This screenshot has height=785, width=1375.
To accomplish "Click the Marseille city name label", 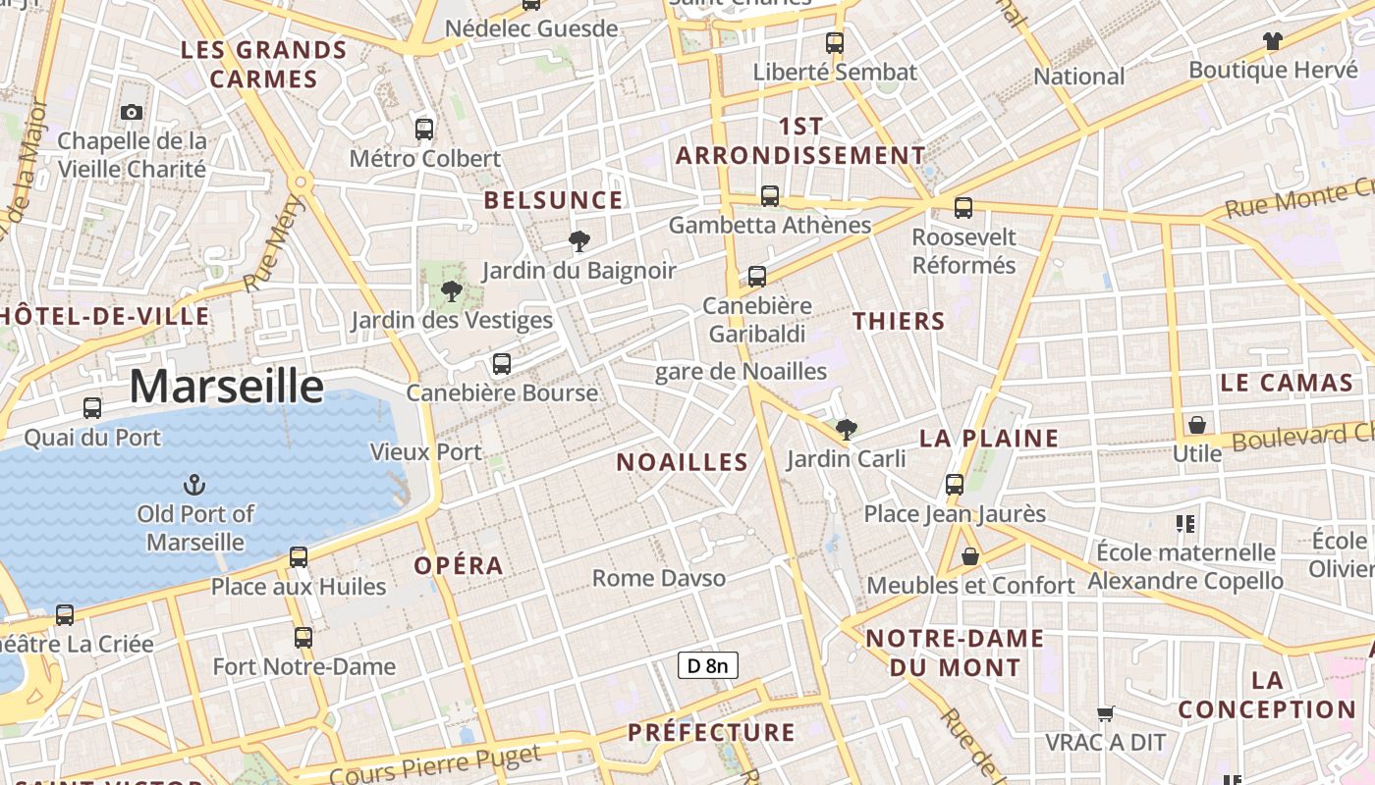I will pyautogui.click(x=226, y=387).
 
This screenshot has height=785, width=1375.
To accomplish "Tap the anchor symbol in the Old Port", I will pyautogui.click(x=194, y=484).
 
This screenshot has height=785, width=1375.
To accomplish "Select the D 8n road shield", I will pyautogui.click(x=707, y=666).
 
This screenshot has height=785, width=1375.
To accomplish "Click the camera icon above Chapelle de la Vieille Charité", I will pyautogui.click(x=132, y=113).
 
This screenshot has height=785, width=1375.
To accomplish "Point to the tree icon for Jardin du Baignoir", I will pyautogui.click(x=579, y=240).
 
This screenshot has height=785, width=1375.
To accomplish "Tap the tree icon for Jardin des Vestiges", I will pyautogui.click(x=452, y=290).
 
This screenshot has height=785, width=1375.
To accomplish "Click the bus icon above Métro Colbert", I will pyautogui.click(x=424, y=129).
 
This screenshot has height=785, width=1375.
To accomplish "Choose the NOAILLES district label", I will pyautogui.click(x=682, y=462).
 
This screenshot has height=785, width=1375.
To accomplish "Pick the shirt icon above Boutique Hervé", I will pyautogui.click(x=1273, y=41).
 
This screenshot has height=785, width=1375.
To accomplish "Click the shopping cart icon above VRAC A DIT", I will pyautogui.click(x=1106, y=713).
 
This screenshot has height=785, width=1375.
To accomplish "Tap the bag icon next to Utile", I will pyautogui.click(x=1197, y=425).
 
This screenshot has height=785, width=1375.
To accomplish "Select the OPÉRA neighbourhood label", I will pyautogui.click(x=459, y=566).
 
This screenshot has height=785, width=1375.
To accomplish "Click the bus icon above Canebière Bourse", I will pyautogui.click(x=502, y=364).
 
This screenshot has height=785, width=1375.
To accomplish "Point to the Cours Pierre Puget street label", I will pyautogui.click(x=434, y=765).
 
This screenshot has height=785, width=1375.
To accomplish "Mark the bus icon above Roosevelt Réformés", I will pyautogui.click(x=963, y=208).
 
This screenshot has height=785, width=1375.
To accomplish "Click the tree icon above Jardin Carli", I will pyautogui.click(x=846, y=429).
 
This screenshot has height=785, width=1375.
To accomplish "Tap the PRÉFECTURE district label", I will pyautogui.click(x=711, y=733).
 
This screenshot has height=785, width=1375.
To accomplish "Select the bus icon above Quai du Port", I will pyautogui.click(x=92, y=408).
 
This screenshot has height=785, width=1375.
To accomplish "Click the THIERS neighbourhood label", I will pyautogui.click(x=899, y=321).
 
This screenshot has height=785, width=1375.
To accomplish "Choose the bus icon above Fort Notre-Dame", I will pyautogui.click(x=303, y=638).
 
